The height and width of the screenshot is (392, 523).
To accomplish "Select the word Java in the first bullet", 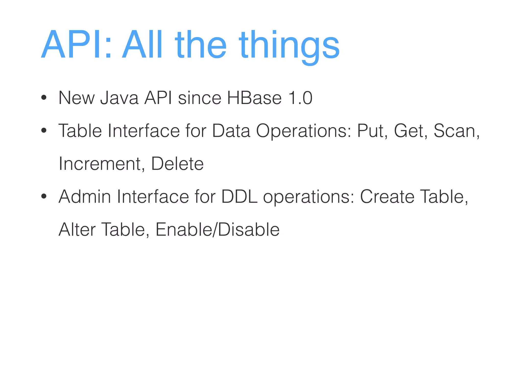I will point(119,98).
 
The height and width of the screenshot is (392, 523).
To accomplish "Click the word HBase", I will point(254,98).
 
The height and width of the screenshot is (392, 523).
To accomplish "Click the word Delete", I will point(177,164).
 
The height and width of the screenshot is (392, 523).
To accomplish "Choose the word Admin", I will point(85,197).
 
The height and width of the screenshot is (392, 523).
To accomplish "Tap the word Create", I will point(387,197).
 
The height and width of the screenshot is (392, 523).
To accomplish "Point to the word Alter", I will point(77,230).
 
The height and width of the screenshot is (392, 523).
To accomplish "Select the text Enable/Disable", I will point(217,230).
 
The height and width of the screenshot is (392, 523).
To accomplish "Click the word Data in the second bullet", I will point(231,131).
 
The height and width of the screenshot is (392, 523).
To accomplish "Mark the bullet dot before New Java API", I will point(44,98).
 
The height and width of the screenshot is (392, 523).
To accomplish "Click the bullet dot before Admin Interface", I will point(44,197).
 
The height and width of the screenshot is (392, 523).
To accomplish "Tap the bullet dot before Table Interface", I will point(44,131).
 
